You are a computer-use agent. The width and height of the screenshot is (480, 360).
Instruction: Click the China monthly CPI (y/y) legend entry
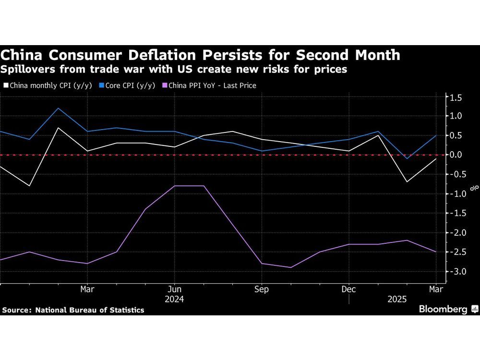[45, 85]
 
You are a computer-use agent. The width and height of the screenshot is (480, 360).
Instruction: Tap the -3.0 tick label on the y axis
[455, 272]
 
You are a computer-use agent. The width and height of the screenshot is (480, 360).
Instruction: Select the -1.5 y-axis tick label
[455, 213]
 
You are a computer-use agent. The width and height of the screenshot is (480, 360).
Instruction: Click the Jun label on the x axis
[175, 289]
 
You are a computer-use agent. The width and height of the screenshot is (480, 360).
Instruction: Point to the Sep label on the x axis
[262, 289]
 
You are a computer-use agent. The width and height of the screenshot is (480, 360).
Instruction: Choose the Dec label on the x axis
[349, 289]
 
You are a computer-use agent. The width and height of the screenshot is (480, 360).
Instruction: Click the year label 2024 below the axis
[175, 299]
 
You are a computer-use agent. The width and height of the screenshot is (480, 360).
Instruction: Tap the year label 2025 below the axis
[397, 299]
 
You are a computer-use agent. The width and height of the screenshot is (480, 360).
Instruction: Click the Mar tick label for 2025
[435, 289]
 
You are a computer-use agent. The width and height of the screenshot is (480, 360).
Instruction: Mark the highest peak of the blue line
[58, 108]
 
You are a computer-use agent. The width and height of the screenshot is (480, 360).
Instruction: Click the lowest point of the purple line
[291, 267]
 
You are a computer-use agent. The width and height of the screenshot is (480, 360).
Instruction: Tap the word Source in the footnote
[15, 310]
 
